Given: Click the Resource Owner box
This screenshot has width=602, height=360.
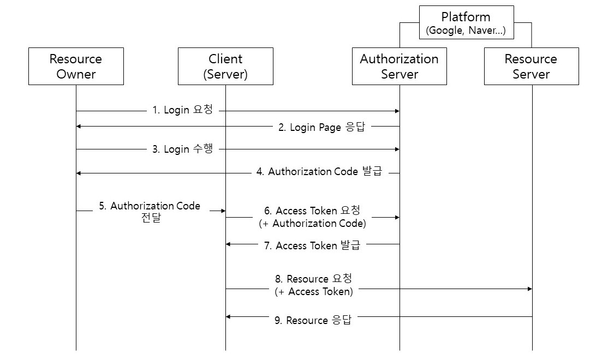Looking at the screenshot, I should point(76,66).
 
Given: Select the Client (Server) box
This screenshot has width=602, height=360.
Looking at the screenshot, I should point(225,66).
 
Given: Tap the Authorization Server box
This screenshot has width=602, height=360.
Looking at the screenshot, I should point(399,66).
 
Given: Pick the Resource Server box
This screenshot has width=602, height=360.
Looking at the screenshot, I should point(531,66).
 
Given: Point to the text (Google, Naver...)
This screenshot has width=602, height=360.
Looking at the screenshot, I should point(466,31).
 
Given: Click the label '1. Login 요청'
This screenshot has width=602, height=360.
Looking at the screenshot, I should point(182,110).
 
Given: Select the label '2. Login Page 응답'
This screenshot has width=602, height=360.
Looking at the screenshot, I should point(322,127).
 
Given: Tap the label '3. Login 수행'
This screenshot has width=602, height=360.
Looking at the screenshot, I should point(182,149).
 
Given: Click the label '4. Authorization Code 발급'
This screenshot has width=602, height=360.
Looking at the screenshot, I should point(319,172).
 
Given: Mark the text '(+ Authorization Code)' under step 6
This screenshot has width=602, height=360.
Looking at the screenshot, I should point(312,224).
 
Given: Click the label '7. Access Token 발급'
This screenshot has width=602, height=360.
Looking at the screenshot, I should point(312,246).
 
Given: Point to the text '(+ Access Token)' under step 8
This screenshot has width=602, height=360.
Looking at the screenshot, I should point(314,292).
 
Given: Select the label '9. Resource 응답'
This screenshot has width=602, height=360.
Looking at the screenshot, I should point(313,321).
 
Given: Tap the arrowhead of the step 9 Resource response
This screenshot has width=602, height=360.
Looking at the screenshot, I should point(229,316).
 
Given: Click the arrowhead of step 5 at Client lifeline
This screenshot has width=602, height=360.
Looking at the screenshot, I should point(223,211).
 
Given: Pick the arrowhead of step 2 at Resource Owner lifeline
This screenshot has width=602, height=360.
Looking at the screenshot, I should point(79,126).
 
